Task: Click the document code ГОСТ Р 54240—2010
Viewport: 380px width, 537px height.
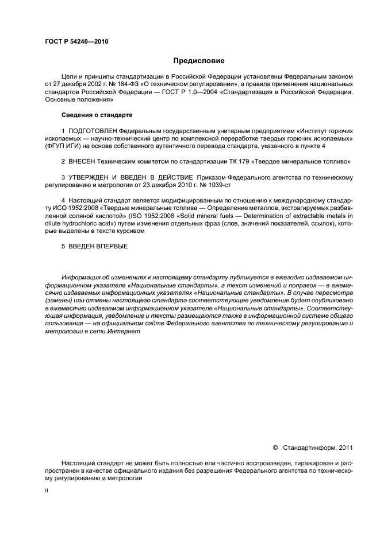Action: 76,41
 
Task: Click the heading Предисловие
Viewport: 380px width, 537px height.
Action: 199,60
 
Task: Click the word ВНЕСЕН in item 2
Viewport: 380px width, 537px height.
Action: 82,162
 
